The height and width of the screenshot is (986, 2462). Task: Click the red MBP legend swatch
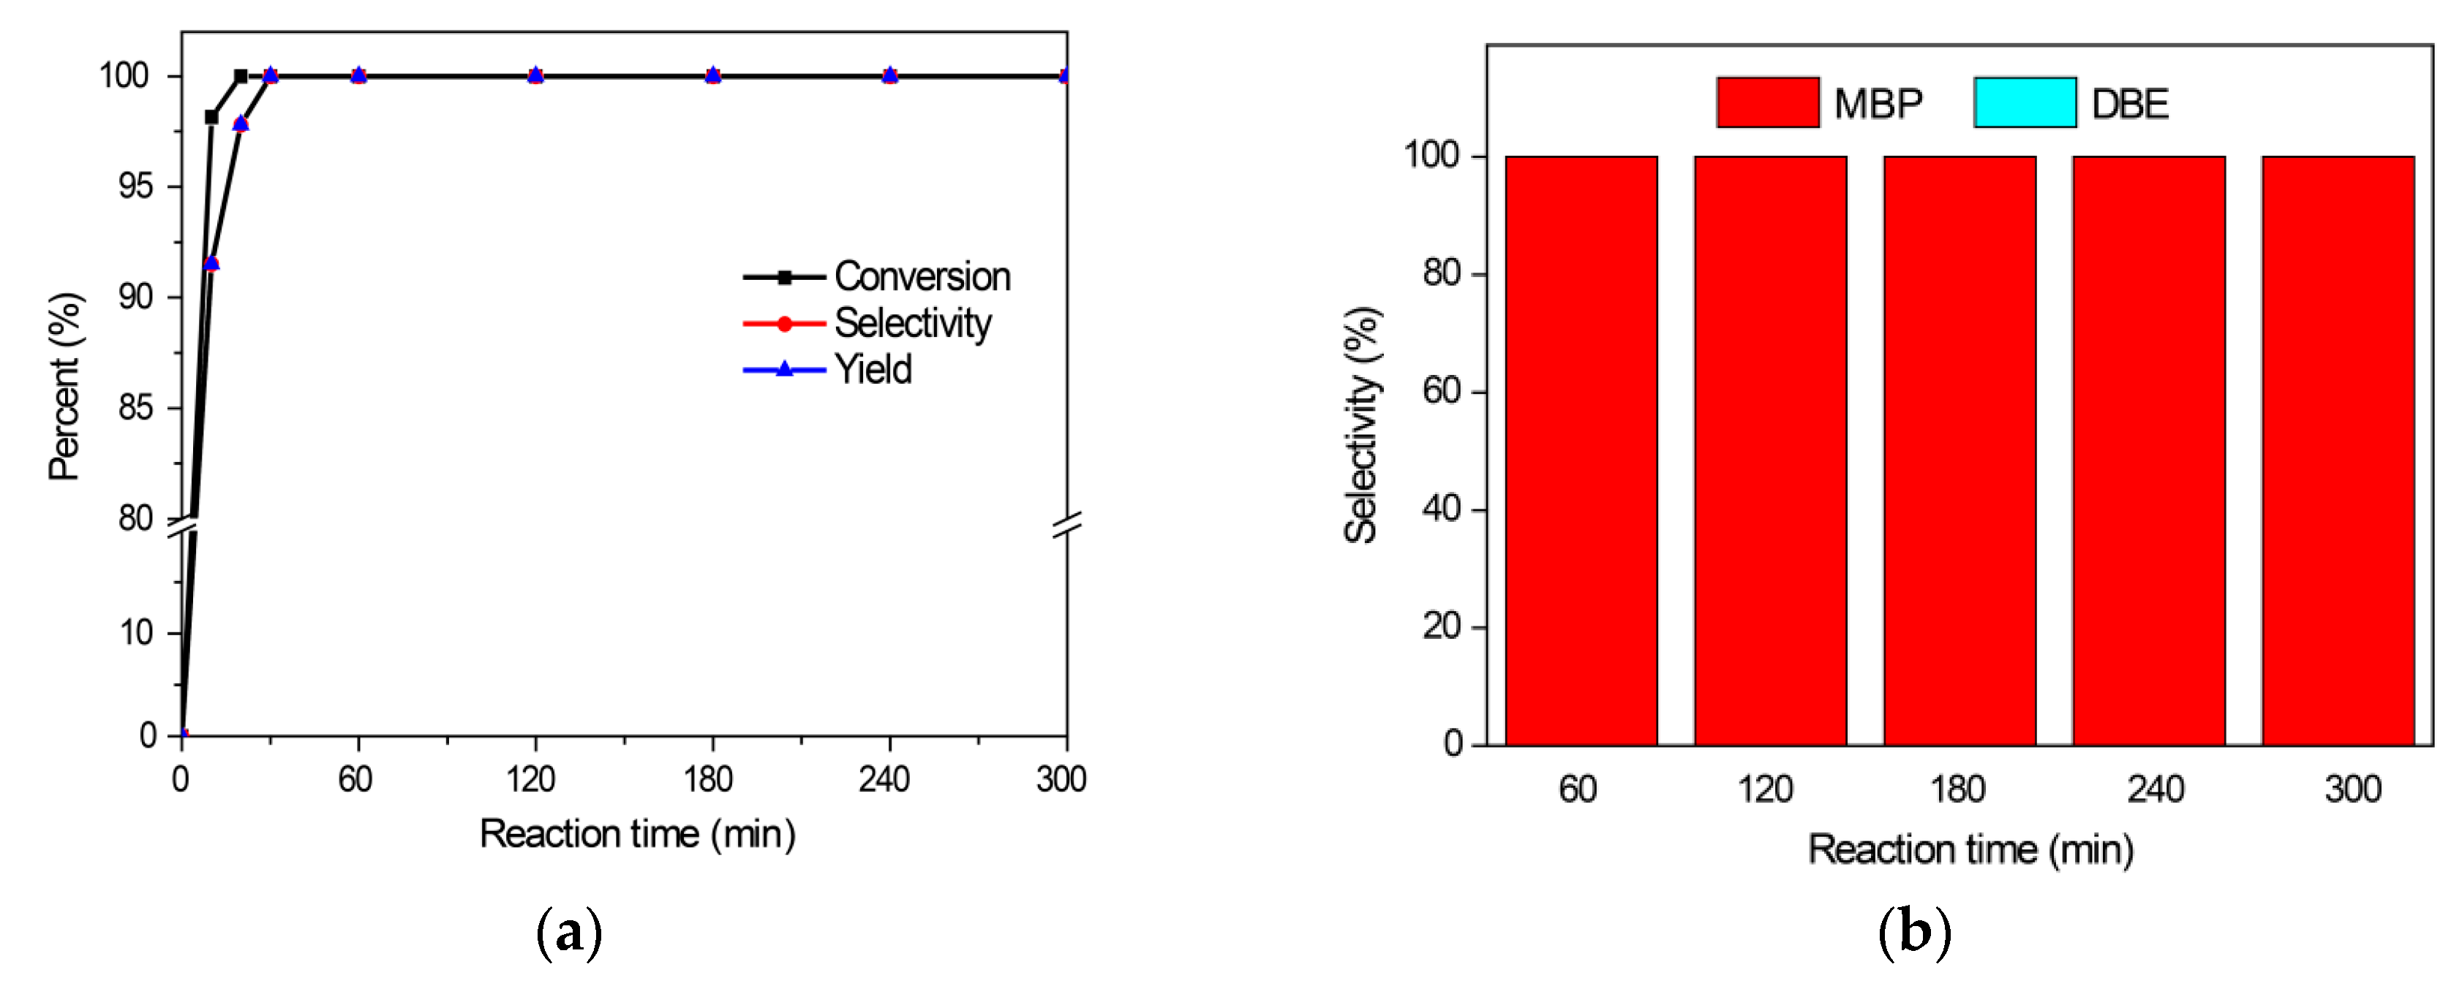(1767, 102)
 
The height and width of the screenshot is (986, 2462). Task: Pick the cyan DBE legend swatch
(2025, 102)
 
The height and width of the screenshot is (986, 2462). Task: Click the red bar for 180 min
(1960, 449)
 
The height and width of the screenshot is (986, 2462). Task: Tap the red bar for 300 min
(2338, 449)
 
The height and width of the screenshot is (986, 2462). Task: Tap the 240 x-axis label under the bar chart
(2156, 789)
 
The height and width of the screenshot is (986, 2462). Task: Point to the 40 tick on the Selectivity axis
(1441, 509)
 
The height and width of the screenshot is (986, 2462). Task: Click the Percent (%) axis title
(65, 387)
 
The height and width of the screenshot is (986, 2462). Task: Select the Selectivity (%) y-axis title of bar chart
(1361, 425)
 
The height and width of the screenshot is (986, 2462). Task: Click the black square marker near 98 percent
(211, 116)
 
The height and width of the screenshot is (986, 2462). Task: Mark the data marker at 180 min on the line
(713, 75)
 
